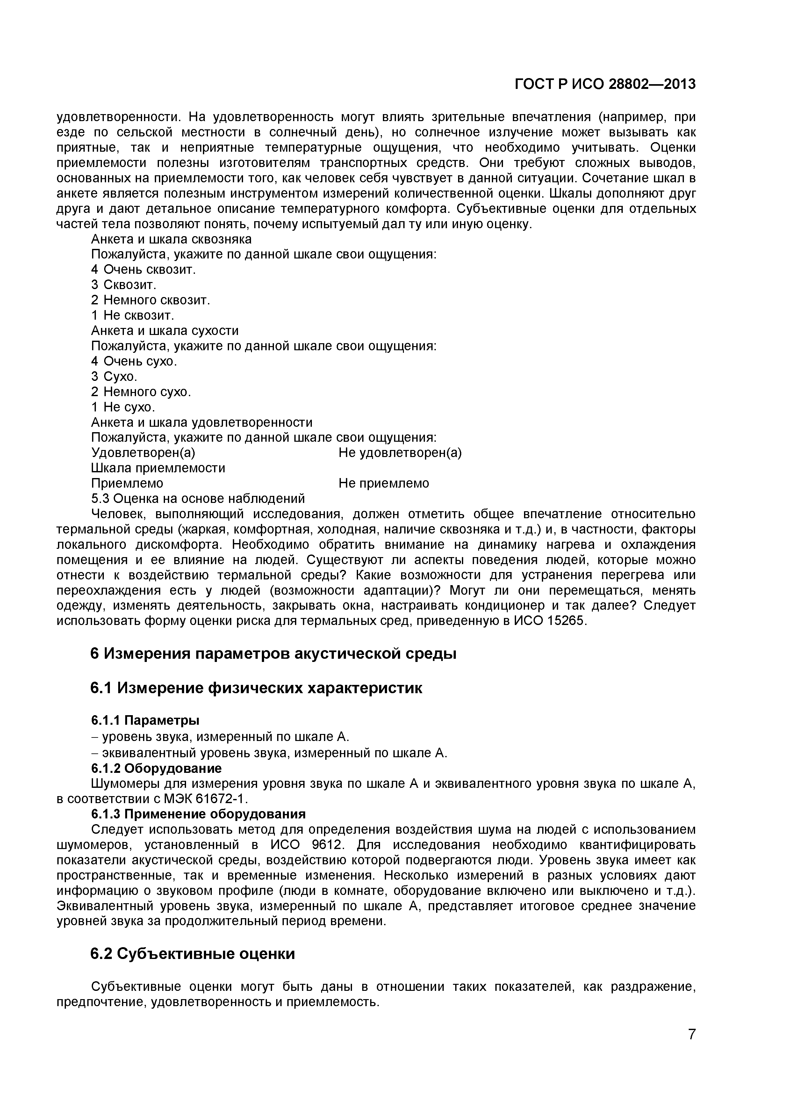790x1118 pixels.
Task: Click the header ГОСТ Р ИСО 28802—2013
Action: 605,85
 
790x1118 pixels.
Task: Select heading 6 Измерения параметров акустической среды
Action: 274,653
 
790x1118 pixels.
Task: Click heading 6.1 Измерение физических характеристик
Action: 256,688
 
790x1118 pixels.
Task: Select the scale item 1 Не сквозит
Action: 133,315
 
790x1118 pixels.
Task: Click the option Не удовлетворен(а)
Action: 400,453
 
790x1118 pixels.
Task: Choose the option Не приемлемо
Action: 384,483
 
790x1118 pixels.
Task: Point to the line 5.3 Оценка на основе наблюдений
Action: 198,499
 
